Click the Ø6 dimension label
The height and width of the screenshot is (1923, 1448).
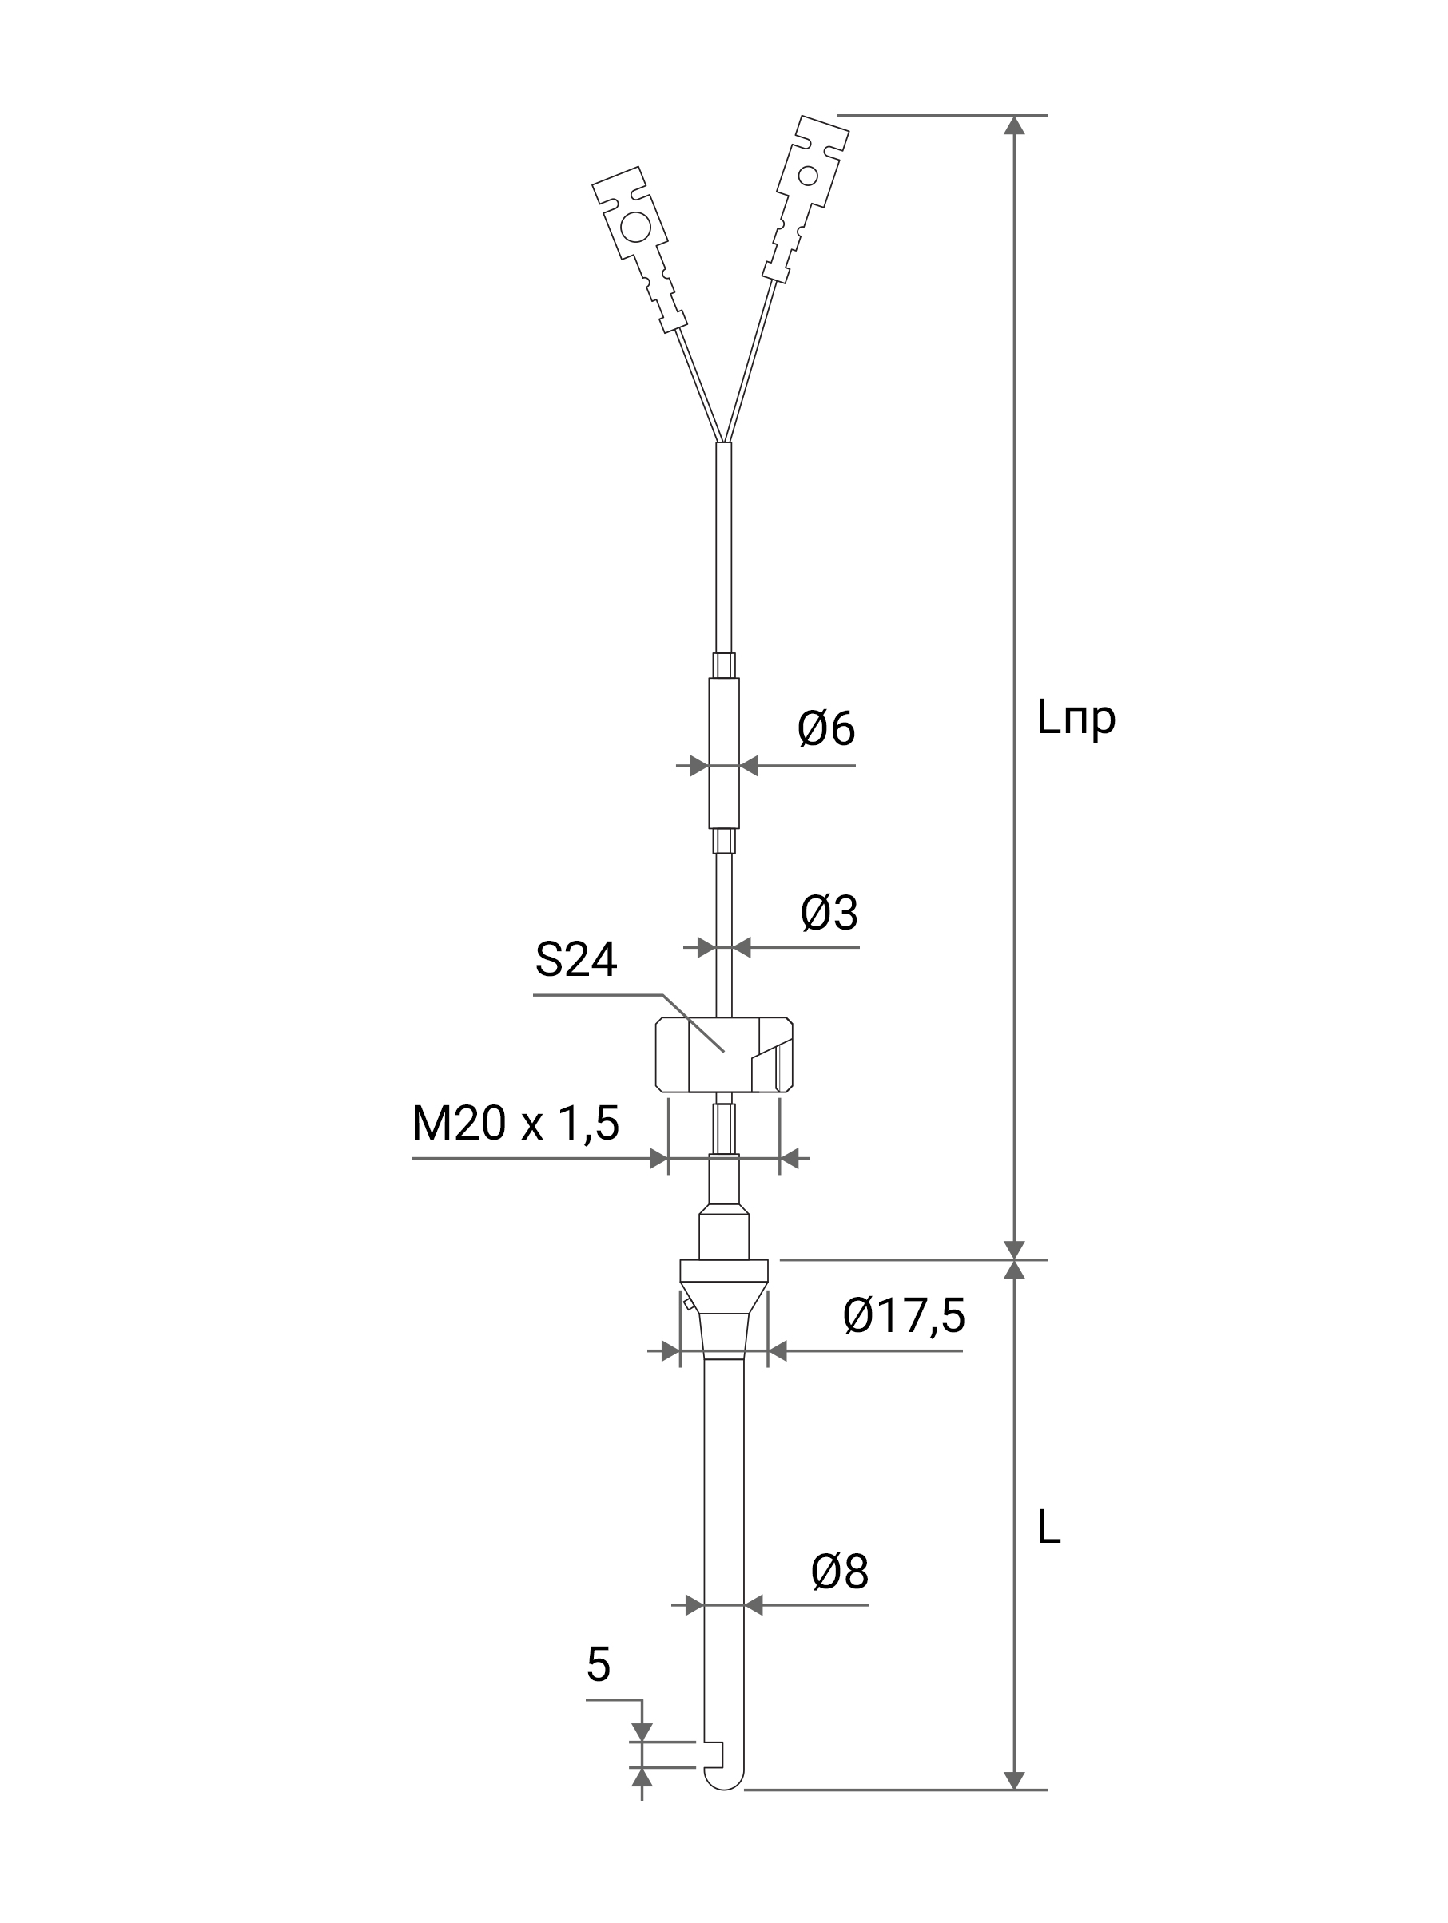pos(825,728)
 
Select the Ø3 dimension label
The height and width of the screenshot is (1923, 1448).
pos(829,912)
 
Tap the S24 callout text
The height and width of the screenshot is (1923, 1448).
pos(575,960)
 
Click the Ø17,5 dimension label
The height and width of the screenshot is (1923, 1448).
pos(904,1316)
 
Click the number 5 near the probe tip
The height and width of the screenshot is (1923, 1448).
pos(599,1665)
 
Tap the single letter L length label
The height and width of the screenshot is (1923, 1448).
pos(1048,1527)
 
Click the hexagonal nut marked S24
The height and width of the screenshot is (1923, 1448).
pos(723,1053)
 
